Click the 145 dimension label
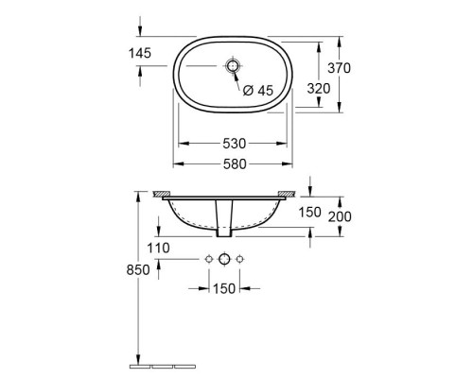tap(140, 53)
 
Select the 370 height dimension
tap(339, 68)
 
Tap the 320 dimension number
tap(319, 89)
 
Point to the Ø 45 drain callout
tap(258, 91)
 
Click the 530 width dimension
tap(235, 144)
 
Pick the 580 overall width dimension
tap(235, 164)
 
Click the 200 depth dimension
tap(340, 216)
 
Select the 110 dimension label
tap(158, 249)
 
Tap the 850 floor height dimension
tap(138, 270)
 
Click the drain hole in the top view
tap(233, 66)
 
